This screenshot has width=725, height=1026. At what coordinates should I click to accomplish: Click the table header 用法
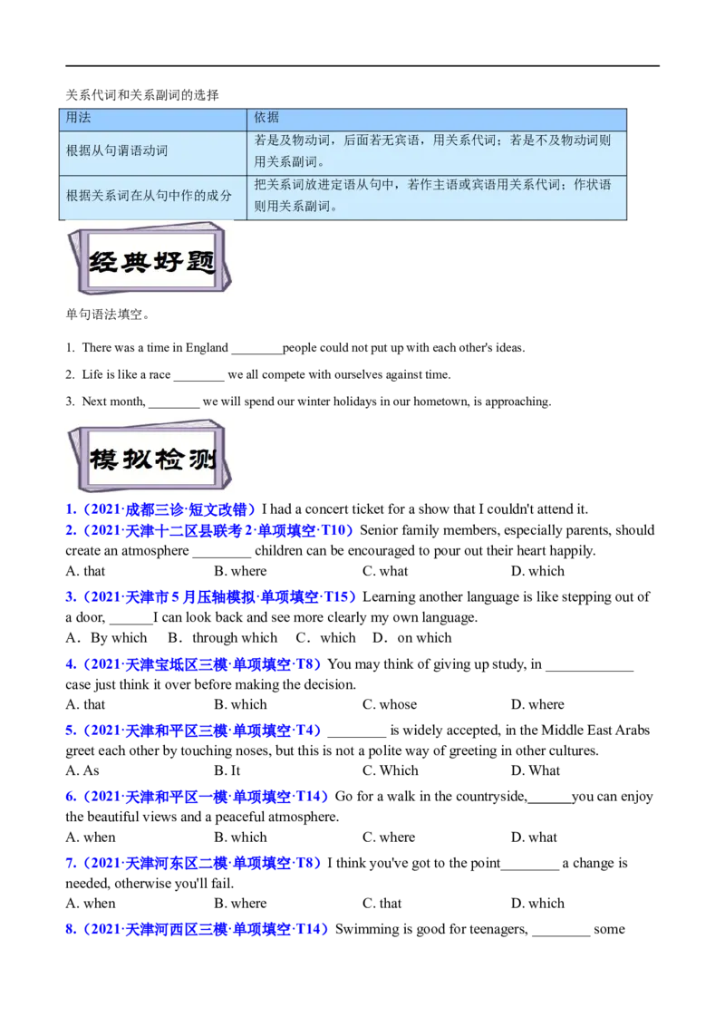(79, 118)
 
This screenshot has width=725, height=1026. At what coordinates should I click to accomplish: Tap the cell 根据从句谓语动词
(117, 150)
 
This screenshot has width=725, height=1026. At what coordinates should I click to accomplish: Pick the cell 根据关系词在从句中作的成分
(149, 195)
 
